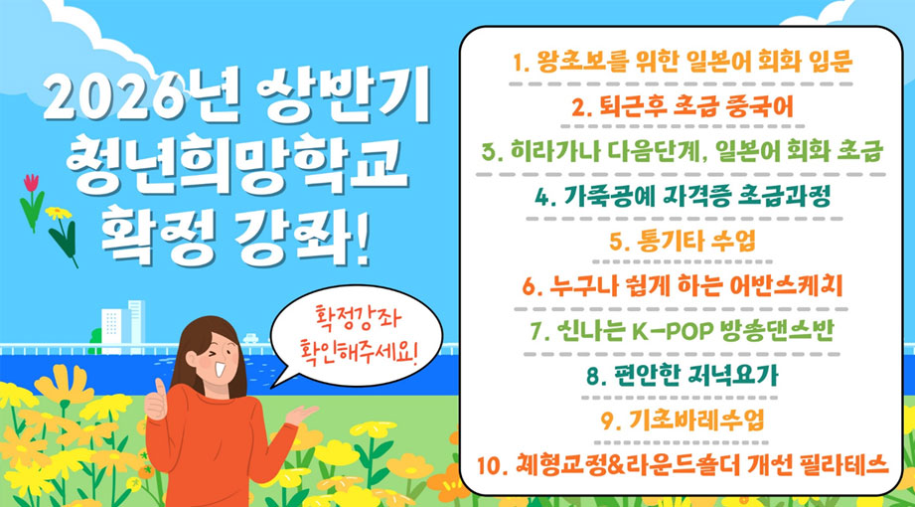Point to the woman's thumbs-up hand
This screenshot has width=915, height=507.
tap(156, 401)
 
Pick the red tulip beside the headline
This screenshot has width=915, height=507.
tap(31, 185)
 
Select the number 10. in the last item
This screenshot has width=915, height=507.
tap(492, 464)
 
